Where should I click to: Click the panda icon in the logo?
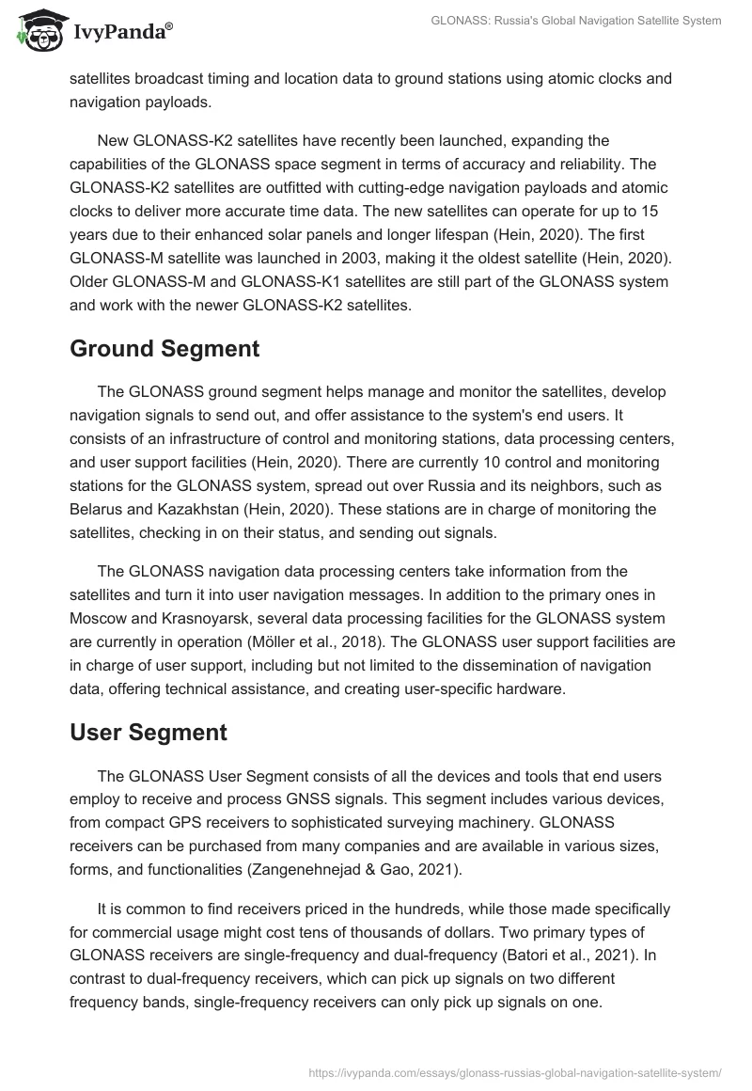38,32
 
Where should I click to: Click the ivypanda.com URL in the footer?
514,1071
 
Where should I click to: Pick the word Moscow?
102,619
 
